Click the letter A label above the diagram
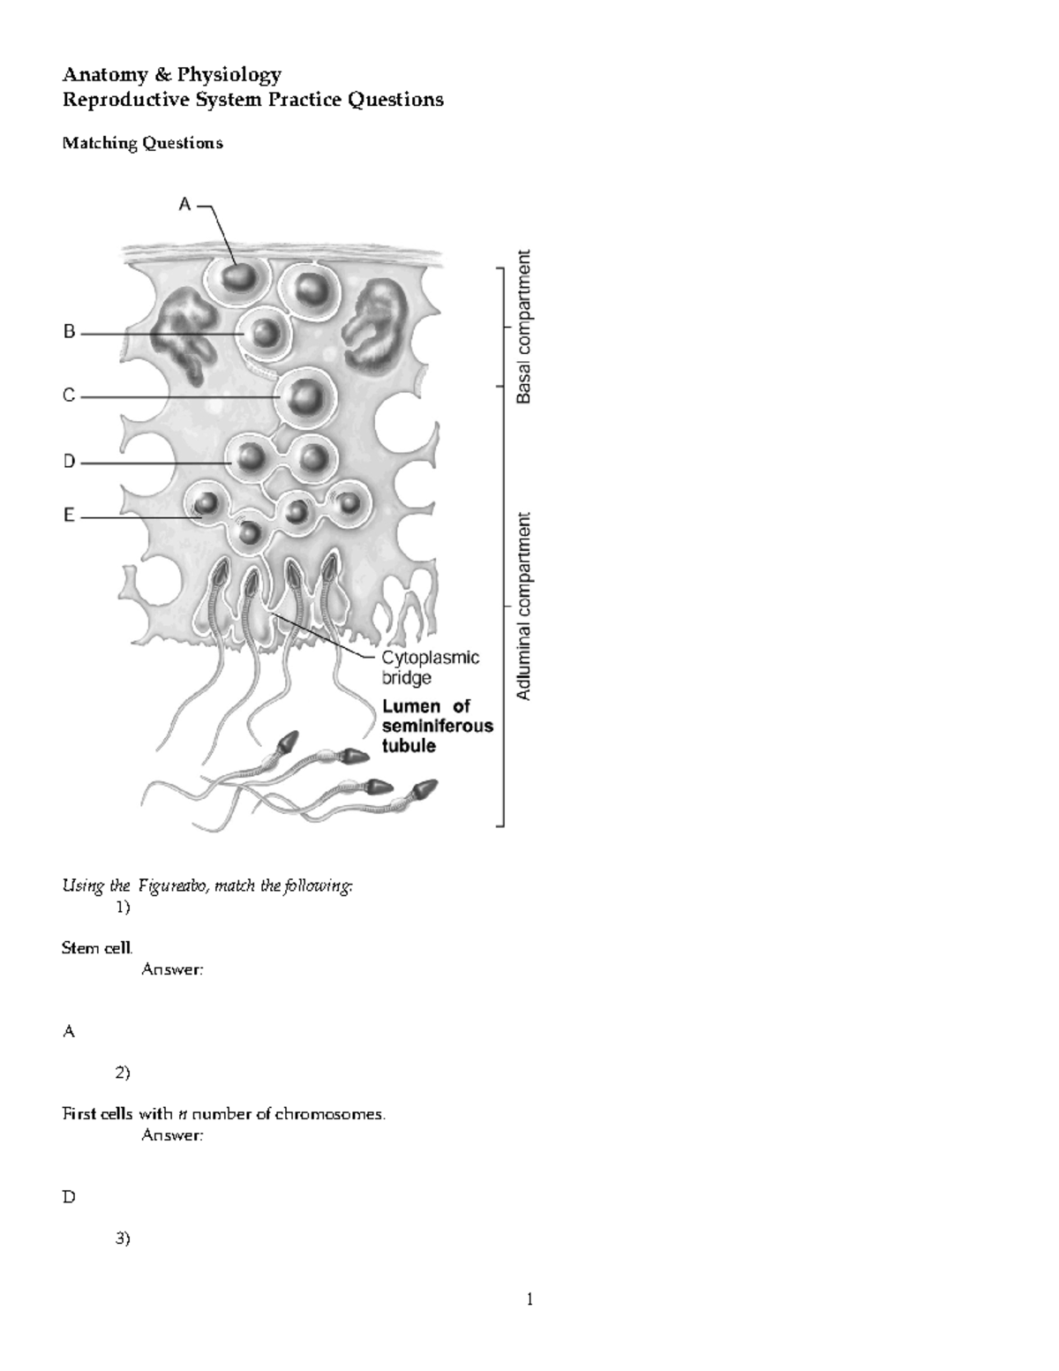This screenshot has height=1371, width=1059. click(184, 205)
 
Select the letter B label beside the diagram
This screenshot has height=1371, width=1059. click(69, 333)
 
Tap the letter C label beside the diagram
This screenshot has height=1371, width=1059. click(69, 396)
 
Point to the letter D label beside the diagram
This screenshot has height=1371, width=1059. click(69, 462)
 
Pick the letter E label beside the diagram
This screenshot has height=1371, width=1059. click(69, 516)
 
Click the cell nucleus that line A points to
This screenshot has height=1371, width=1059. click(238, 279)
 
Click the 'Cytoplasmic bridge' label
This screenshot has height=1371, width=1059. click(430, 667)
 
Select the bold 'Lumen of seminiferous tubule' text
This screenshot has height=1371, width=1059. click(437, 726)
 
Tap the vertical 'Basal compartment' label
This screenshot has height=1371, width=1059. click(524, 327)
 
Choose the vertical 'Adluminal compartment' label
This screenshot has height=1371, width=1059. click(524, 606)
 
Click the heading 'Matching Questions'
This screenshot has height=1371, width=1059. click(142, 143)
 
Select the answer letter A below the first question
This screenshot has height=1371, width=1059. click(68, 1031)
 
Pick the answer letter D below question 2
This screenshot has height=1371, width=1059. click(68, 1197)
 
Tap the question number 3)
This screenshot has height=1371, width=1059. click(123, 1239)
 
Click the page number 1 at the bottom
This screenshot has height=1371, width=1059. click(529, 1299)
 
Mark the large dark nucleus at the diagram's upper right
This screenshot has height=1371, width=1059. click(373, 315)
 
